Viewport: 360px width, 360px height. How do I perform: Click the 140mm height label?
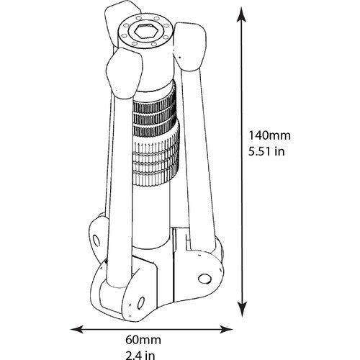click(269, 135)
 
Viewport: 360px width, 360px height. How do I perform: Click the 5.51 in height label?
click(266, 151)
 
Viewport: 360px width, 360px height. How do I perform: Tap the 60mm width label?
click(143, 340)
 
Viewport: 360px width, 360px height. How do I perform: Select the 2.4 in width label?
click(140, 355)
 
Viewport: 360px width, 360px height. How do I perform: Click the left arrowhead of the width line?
click(77, 329)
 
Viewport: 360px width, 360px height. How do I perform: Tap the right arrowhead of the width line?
click(226, 329)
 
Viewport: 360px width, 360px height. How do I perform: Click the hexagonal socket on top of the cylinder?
click(144, 32)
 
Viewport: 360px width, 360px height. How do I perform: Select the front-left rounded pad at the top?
click(124, 73)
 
